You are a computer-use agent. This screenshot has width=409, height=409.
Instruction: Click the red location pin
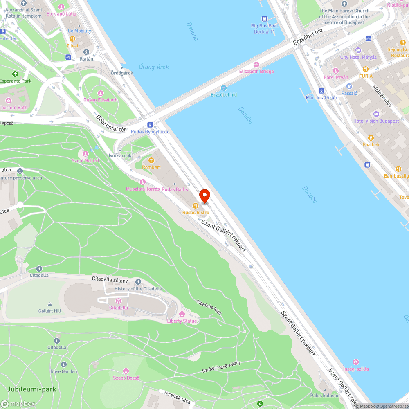(x=204, y=196)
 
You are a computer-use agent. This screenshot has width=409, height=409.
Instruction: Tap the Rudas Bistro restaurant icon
(x=196, y=206)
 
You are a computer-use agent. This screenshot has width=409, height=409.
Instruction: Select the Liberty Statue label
(x=182, y=321)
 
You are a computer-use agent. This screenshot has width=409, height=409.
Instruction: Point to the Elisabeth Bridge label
(x=256, y=71)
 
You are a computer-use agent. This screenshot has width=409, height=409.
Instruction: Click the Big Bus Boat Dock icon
(x=265, y=19)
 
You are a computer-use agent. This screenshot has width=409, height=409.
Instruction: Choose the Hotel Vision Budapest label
(x=376, y=121)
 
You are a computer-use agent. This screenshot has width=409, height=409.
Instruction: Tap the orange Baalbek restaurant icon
(x=371, y=138)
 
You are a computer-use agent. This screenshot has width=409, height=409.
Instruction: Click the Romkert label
(x=151, y=167)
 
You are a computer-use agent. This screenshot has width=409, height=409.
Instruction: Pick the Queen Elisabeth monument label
(x=101, y=100)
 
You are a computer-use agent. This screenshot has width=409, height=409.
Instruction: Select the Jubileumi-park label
(x=29, y=389)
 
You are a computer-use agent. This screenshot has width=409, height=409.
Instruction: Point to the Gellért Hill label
(x=49, y=311)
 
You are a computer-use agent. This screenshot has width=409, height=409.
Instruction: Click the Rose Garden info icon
(x=64, y=364)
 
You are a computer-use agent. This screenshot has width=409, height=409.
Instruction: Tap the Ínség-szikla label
(x=356, y=369)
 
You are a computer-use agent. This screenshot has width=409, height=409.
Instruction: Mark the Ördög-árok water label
(x=153, y=67)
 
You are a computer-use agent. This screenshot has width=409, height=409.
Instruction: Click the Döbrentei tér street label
(x=111, y=123)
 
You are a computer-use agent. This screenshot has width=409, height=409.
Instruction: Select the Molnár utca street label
(x=382, y=96)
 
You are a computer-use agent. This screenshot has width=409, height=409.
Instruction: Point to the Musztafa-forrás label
(x=143, y=189)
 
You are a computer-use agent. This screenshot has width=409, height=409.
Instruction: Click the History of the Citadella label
(x=138, y=289)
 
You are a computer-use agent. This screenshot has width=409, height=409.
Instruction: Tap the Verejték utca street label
(x=177, y=397)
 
